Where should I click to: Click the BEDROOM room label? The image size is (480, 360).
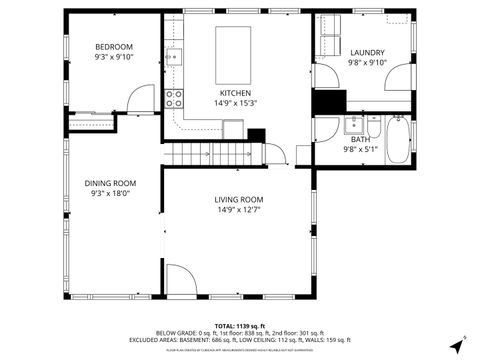coord(114,47)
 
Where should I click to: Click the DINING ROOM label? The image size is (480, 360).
coord(110,183)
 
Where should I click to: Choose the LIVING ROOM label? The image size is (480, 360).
coord(238,199)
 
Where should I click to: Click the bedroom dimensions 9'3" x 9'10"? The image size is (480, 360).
coord(114,57)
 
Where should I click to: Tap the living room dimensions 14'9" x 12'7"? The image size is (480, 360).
coord(238,209)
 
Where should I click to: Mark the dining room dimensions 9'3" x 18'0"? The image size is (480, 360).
coord(110,193)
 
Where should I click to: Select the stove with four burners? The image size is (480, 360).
coord(174,98)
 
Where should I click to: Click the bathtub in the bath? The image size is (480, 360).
coord(398,140)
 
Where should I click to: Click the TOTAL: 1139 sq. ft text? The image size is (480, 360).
coord(239,326)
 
